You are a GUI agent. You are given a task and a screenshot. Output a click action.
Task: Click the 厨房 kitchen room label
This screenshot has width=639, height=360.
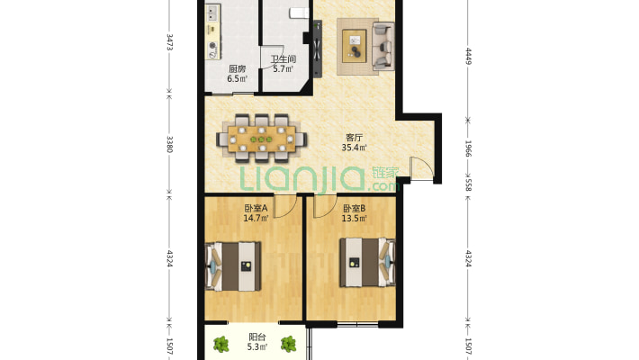[x=238, y=69]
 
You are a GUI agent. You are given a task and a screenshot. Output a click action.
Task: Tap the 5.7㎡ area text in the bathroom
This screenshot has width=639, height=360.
[x=283, y=69]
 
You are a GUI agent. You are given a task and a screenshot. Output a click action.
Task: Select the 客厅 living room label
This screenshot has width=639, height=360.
[x=354, y=138]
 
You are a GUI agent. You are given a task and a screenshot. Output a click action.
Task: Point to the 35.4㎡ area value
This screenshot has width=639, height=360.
[x=354, y=148]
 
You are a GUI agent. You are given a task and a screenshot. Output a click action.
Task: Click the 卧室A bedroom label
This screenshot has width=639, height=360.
[x=256, y=208]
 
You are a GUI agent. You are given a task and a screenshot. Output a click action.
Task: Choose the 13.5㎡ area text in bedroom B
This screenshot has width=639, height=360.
[x=354, y=219]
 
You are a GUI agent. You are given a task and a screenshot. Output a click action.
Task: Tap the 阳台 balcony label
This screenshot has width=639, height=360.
[x=257, y=337]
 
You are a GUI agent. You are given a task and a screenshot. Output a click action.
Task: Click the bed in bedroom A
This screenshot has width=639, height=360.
[x=233, y=266]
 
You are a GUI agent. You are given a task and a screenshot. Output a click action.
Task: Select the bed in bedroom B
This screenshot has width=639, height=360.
[x=367, y=262]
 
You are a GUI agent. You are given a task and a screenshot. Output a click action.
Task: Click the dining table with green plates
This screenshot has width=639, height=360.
[x=262, y=139]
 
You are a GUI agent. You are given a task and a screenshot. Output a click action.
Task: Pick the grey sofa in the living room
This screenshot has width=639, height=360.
[x=383, y=46]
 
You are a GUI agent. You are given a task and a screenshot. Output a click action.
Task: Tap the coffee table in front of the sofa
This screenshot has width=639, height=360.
[x=354, y=46]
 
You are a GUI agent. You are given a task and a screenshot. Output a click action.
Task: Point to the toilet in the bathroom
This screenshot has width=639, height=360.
[x=299, y=13]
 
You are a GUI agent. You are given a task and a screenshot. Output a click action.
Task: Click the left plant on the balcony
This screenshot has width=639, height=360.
[x=221, y=345]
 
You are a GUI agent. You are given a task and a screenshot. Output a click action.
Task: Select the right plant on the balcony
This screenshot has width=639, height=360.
[x=289, y=344]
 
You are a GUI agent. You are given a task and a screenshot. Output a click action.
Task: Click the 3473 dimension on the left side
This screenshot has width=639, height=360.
[x=169, y=42]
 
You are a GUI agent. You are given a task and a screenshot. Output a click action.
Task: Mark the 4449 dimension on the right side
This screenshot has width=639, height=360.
[x=468, y=57]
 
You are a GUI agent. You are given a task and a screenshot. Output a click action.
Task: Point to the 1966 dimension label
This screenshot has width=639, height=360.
[x=468, y=148]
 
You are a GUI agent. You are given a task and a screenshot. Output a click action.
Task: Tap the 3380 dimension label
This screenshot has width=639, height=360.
[x=169, y=144]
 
